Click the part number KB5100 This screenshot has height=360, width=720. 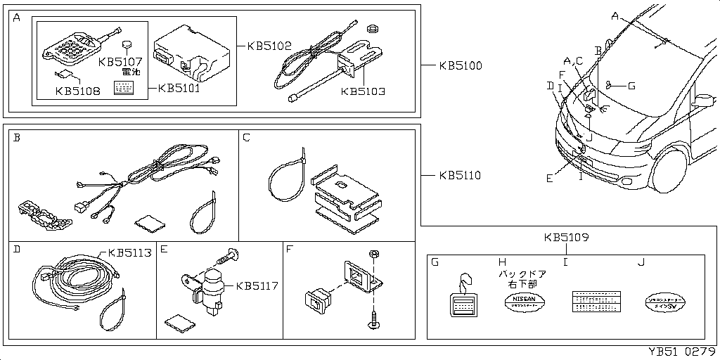point(461,66)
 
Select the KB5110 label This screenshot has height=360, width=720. point(461,175)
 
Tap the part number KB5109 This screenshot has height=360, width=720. point(566,238)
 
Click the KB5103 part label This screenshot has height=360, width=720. point(363,91)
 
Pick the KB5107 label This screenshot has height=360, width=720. point(121,61)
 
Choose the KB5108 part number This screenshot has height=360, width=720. point(77,90)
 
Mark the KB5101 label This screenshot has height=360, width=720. point(180,89)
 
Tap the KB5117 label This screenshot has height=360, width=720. point(257,286)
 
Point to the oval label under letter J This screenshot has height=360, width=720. point(664,303)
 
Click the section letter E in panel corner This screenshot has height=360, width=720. point(164,249)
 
